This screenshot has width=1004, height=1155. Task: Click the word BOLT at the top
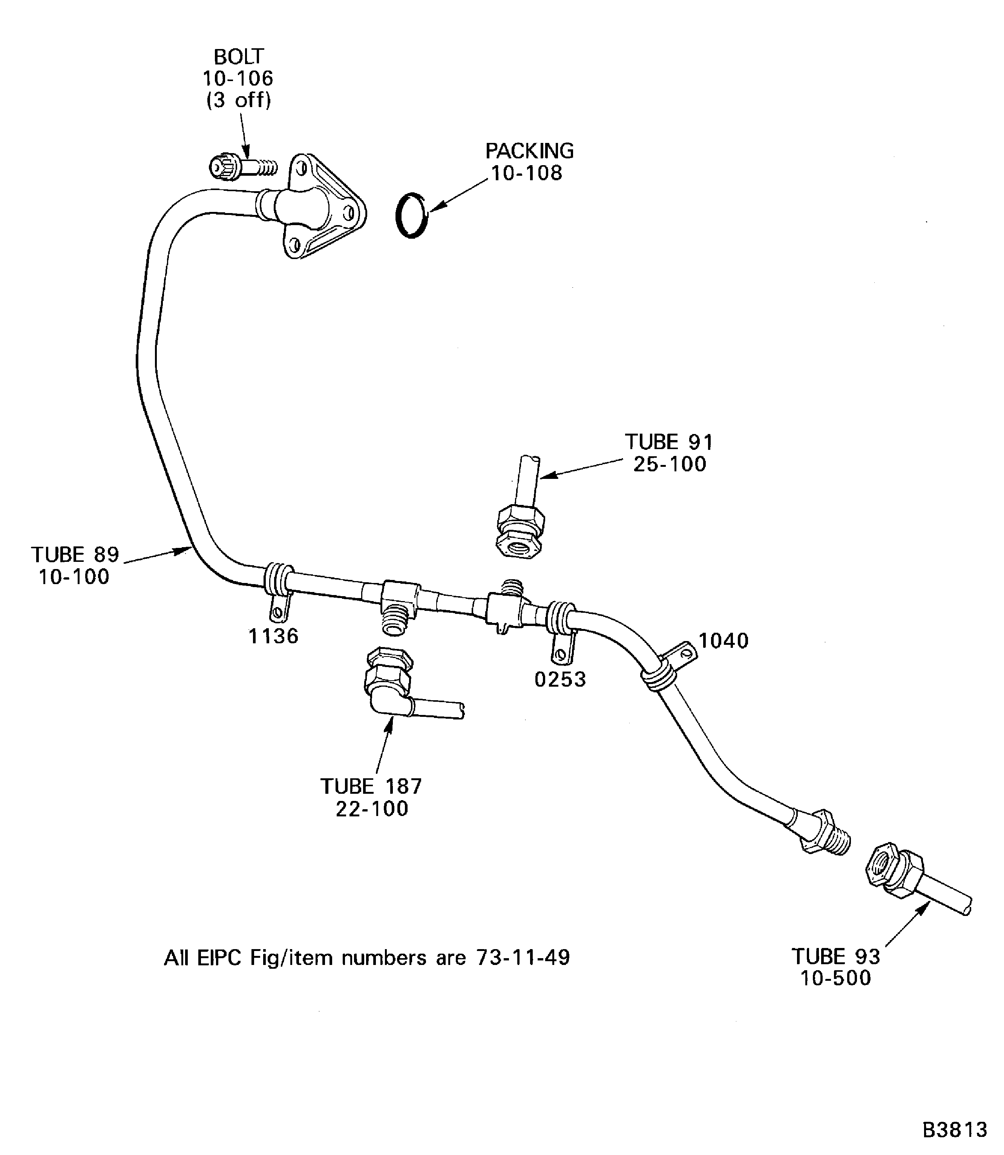[x=239, y=57]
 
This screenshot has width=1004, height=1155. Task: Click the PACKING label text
[x=529, y=151]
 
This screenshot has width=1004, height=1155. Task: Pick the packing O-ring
[x=412, y=216]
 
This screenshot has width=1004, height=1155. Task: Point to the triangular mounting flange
[x=325, y=207]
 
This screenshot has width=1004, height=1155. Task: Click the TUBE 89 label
[x=75, y=555]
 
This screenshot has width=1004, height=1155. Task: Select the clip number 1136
[x=273, y=636]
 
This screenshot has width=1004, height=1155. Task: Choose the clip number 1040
[x=723, y=641]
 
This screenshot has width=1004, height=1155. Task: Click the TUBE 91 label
[x=670, y=442]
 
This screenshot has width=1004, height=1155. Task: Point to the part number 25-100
[x=670, y=464]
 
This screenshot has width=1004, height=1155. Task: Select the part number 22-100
[x=372, y=809]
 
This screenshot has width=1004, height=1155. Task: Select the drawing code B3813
[x=955, y=1130]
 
